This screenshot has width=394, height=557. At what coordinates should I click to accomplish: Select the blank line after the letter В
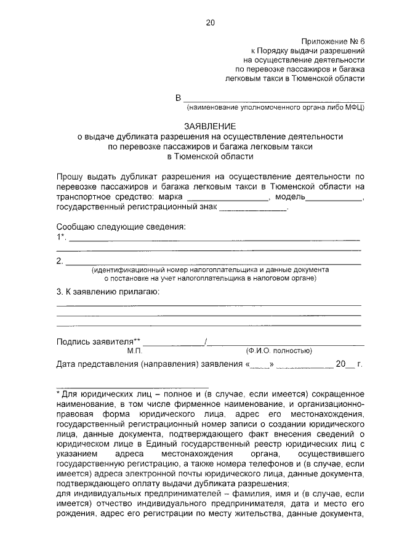click(x=274, y=99)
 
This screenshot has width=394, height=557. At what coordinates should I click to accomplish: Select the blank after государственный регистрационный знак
click(x=253, y=209)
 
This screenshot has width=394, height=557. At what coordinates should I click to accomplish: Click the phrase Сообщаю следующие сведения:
click(x=121, y=226)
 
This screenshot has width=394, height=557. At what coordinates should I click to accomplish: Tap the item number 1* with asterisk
click(x=60, y=237)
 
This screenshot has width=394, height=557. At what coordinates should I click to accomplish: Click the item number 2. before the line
click(x=60, y=261)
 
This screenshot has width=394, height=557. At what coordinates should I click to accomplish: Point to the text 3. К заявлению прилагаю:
click(x=107, y=292)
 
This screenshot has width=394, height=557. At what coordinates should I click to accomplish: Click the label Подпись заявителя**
click(x=98, y=342)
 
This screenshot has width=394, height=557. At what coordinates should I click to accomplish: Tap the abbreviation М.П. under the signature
click(x=135, y=351)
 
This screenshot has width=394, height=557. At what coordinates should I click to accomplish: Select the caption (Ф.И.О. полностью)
click(x=279, y=351)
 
